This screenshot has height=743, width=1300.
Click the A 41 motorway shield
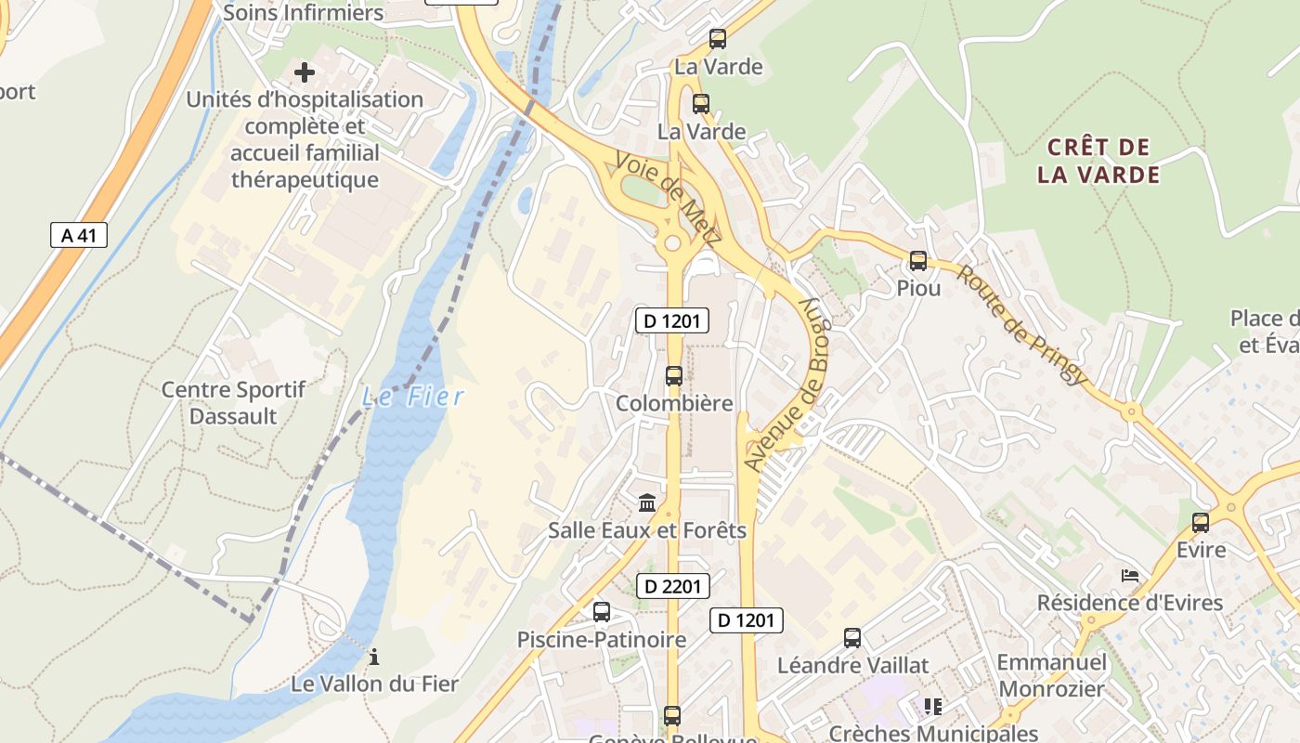click(79, 235)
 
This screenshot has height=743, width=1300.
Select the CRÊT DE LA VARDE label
click(1098, 161)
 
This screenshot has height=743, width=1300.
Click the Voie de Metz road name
click(668, 198)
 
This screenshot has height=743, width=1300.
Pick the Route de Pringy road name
click(1021, 324)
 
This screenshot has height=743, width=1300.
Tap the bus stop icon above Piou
click(918, 261)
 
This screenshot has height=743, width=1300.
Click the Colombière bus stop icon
click(674, 376)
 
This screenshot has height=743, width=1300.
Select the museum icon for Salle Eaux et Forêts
click(647, 503)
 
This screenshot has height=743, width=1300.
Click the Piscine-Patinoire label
click(602, 639)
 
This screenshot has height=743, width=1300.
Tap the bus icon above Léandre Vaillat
click(852, 638)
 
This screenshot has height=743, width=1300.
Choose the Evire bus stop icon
click(1201, 523)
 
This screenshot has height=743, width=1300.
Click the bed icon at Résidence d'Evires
click(1129, 576)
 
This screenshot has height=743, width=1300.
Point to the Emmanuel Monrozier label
click(1051, 675)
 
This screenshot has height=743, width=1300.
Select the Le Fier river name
click(412, 398)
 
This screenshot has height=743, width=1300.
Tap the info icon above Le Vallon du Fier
click(374, 658)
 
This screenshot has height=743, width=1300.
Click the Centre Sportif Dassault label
click(233, 402)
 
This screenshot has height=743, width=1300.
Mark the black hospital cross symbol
click(305, 72)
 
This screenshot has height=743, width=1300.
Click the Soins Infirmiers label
click(303, 13)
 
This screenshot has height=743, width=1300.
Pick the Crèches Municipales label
click(933, 734)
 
